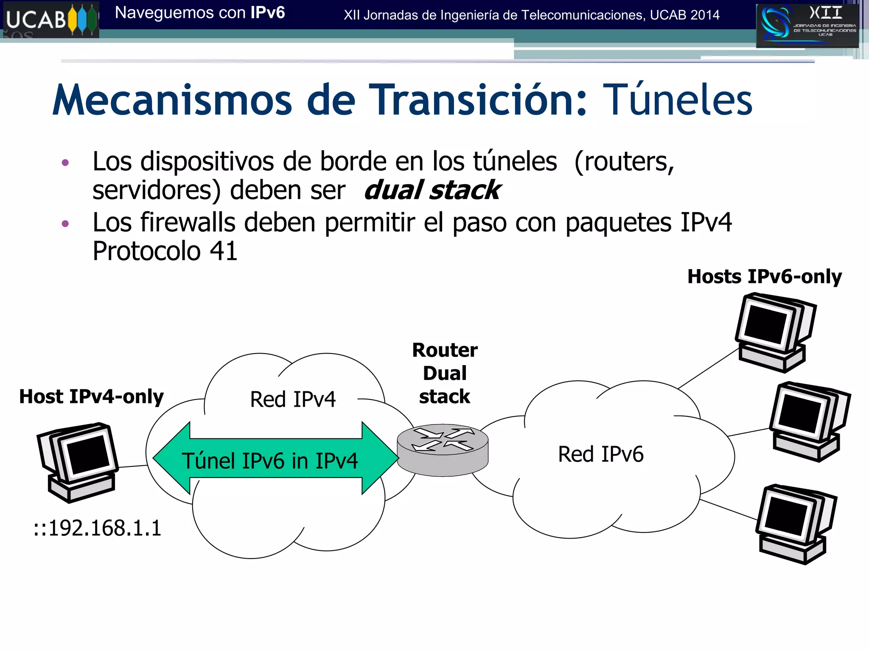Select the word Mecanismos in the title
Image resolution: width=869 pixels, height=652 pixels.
[x=172, y=100]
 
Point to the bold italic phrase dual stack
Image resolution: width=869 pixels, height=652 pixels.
[x=432, y=190]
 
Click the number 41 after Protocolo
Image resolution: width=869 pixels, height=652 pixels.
[x=223, y=251]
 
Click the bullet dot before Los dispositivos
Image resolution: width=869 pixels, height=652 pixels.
[x=65, y=163]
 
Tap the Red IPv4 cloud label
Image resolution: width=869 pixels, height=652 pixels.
[x=293, y=399]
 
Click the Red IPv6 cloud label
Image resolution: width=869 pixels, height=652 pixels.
[x=600, y=454]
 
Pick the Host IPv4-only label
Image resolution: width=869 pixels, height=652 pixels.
[x=92, y=397]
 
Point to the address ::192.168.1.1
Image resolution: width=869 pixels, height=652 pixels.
[x=98, y=528]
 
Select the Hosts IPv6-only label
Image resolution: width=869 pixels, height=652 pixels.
[x=765, y=277]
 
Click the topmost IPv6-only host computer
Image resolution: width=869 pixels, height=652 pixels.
[x=774, y=332]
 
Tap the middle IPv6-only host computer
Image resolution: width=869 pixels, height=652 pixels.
[x=809, y=422]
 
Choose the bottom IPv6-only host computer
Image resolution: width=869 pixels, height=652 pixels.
[x=795, y=523]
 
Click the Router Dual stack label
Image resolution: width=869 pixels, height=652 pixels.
[x=445, y=373]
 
